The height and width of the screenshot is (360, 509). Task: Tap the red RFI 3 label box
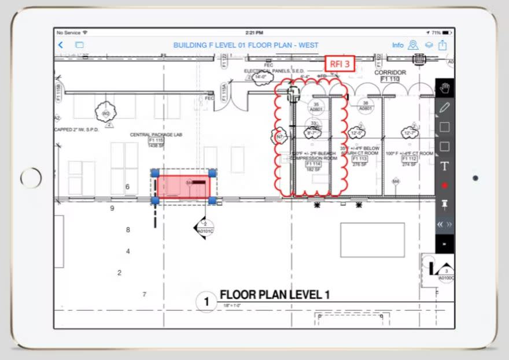[340, 64]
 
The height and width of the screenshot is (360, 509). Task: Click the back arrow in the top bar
[61, 45]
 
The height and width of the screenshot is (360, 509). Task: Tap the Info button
[397, 45]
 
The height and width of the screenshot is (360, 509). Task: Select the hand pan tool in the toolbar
[444, 88]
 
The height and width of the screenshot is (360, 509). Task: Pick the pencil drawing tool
[444, 107]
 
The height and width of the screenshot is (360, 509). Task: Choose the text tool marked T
[444, 166]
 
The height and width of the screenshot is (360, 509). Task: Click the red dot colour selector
[444, 185]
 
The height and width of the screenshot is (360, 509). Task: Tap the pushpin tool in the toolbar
[444, 205]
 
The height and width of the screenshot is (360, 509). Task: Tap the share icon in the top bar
[442, 45]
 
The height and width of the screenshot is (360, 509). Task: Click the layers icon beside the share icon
[429, 45]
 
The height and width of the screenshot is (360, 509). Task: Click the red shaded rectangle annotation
[183, 187]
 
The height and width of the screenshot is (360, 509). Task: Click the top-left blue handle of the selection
[155, 173]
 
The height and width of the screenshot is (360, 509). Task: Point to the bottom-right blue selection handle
[212, 201]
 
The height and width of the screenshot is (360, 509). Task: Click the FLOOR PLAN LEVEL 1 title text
[274, 295]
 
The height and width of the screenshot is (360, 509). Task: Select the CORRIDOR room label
[390, 73]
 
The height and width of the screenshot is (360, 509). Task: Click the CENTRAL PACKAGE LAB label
[156, 135]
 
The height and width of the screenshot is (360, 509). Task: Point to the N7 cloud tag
[280, 137]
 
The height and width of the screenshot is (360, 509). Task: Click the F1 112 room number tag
[409, 159]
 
